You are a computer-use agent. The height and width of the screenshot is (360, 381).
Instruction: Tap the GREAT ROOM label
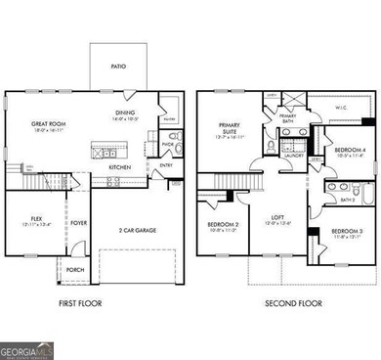point(44,122)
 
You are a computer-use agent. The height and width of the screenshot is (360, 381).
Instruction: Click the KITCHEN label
point(120,167)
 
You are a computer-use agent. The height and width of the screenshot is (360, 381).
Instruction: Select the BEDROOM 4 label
point(350,150)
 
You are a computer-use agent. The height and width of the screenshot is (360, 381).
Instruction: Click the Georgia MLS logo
point(27,346)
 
